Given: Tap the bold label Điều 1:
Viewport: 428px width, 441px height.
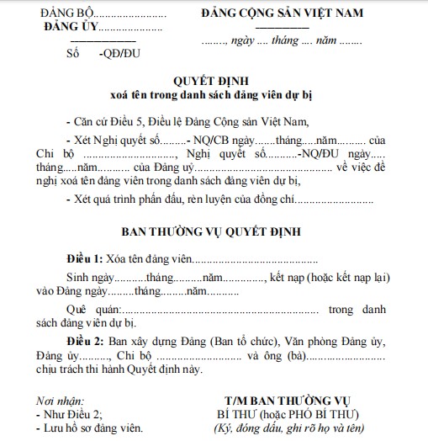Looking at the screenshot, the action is tap(85, 258).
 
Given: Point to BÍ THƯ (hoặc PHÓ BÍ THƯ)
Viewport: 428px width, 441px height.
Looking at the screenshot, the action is tap(288, 415).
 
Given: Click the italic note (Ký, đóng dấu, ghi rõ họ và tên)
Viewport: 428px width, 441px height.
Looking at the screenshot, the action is tap(288, 430).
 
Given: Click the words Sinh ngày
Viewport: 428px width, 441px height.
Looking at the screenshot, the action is tap(89, 276).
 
